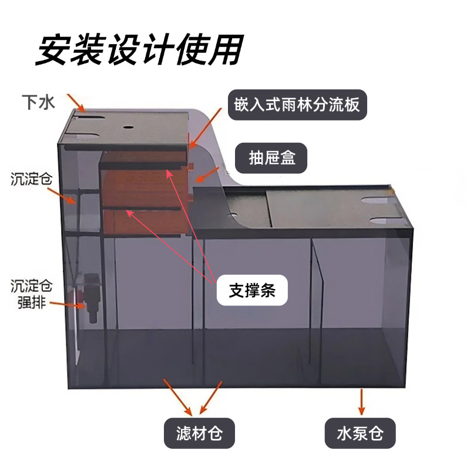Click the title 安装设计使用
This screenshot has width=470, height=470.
139,51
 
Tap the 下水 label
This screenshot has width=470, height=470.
38,103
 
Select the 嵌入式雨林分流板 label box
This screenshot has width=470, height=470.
297,105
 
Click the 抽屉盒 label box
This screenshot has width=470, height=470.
271,159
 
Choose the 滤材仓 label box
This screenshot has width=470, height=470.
199,434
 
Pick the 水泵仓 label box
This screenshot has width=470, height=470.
360,434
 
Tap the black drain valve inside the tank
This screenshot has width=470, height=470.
92,296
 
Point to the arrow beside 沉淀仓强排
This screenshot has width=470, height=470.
64,303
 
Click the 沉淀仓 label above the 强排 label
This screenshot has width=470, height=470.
31,179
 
